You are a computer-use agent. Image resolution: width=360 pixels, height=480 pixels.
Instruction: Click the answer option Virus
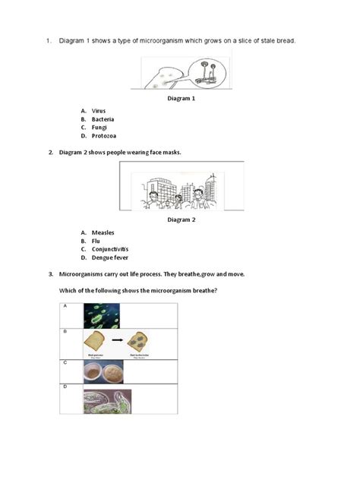coord(99,111)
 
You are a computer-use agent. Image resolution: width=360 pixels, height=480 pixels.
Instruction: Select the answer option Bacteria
coord(103,119)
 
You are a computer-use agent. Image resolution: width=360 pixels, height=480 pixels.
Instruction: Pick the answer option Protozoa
coord(103,136)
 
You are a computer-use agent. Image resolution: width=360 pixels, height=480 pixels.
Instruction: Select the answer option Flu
coord(96,241)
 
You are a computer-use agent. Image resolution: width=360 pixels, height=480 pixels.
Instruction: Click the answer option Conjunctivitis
coord(110,249)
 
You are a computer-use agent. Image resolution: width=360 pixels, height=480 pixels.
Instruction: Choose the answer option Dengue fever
coord(109,257)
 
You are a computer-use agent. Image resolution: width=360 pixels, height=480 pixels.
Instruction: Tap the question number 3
coord(50,274)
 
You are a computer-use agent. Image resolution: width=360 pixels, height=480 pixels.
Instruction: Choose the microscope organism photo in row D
coord(107,401)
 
